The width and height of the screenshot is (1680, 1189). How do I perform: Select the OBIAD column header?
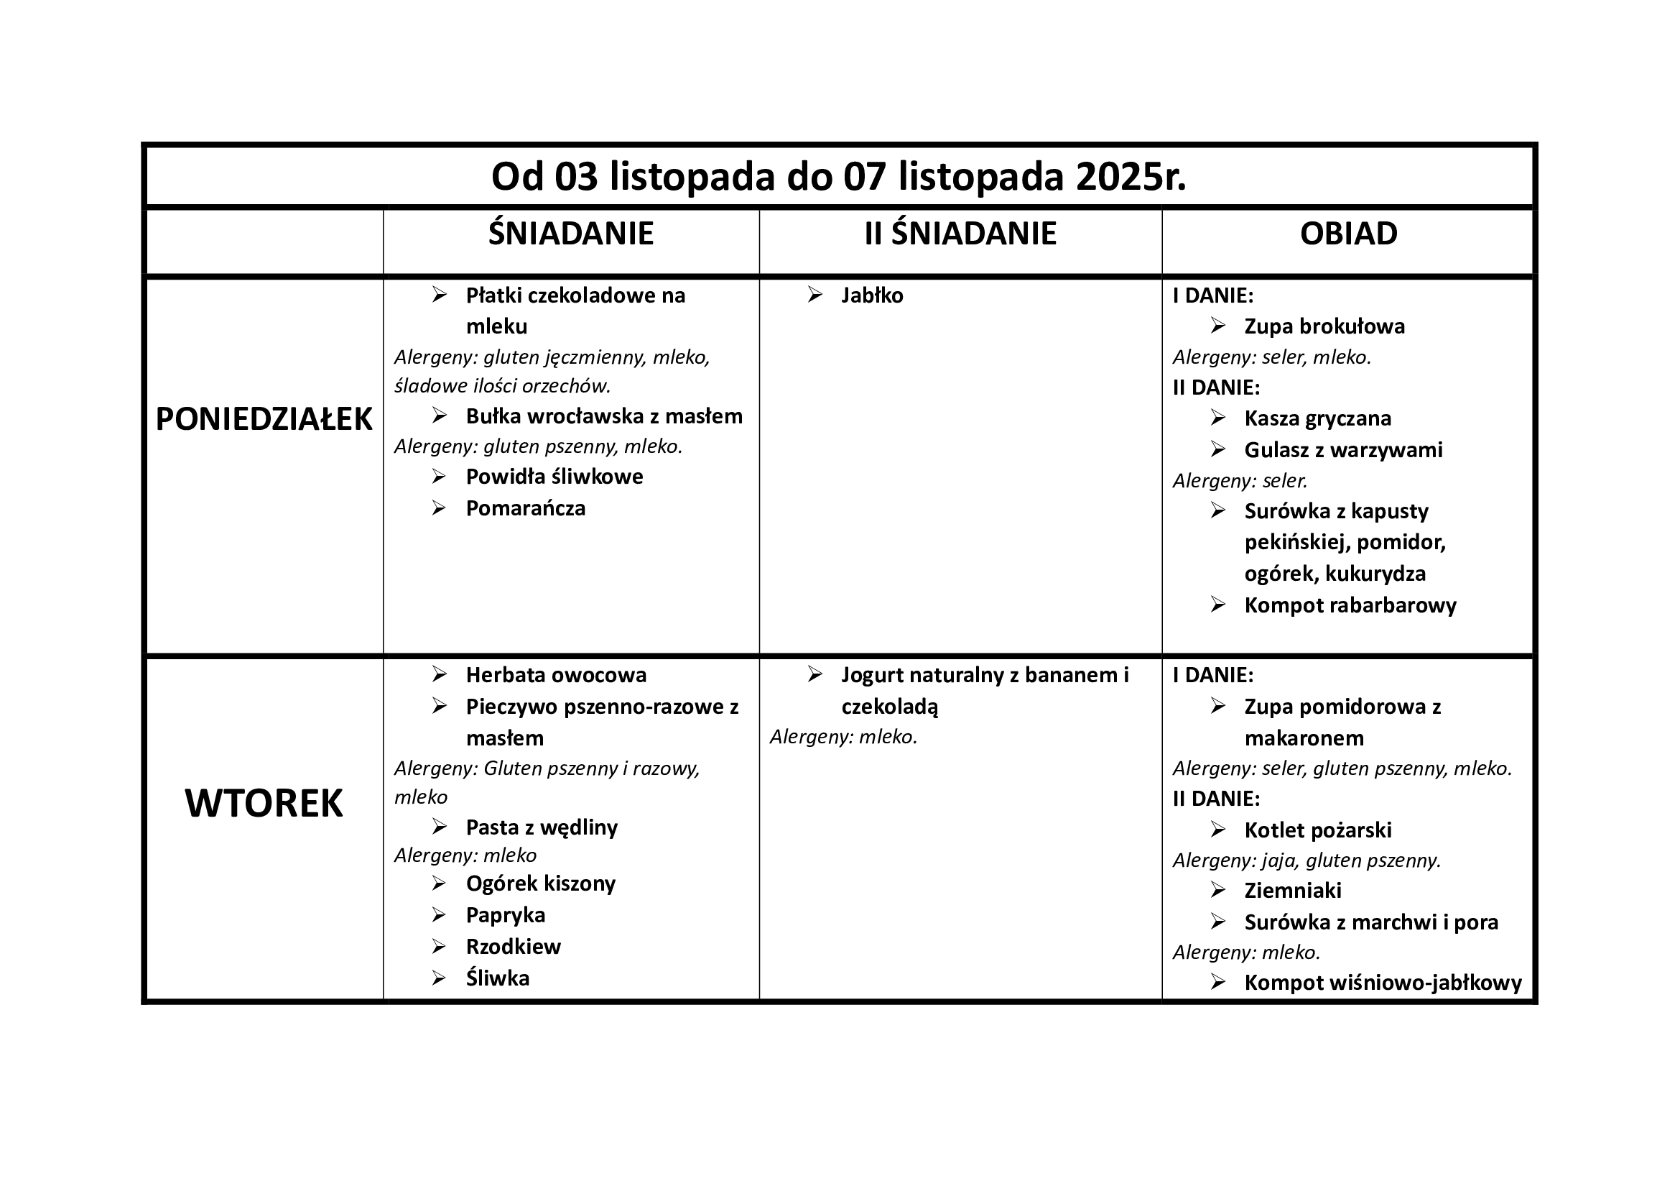point(1347,234)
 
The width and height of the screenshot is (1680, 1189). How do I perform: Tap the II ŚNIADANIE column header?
point(960,234)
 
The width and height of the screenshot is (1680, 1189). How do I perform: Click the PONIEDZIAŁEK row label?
point(264,420)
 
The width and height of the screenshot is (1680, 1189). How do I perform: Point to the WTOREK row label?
point(264,804)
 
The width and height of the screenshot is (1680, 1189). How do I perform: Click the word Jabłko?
point(871,295)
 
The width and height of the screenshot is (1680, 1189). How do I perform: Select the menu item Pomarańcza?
point(525,509)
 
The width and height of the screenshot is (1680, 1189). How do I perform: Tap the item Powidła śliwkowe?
point(554,477)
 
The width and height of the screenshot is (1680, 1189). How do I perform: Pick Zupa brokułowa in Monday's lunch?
point(1324,326)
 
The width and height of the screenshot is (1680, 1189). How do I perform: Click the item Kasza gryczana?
point(1317,419)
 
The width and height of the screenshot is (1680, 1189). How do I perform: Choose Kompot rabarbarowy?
point(1350,605)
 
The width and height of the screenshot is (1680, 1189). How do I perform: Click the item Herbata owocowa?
point(556,675)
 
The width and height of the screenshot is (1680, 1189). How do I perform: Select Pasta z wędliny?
point(542,828)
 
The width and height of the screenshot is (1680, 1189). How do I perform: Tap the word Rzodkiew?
point(513,947)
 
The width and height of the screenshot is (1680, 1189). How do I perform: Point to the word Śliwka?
point(498,979)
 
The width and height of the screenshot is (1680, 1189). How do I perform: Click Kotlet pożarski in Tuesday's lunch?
point(1317,830)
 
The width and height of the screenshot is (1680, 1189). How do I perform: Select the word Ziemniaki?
point(1292,891)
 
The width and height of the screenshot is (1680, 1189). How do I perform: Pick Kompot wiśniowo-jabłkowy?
point(1382,983)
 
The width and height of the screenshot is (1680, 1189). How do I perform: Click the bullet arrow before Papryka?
point(439,915)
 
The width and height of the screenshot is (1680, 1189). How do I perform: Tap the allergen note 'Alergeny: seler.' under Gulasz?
point(1240,481)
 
